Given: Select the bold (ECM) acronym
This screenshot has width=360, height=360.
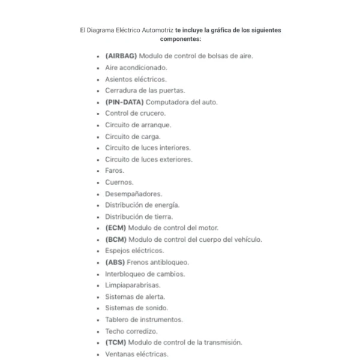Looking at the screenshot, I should pos(115,228).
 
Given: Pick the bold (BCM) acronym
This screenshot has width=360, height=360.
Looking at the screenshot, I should pos(115,239).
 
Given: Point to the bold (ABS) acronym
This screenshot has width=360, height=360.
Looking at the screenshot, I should pos(115,262).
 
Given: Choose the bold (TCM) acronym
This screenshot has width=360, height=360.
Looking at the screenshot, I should pos(115,343).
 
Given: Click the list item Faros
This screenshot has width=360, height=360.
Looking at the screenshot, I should pos(114,170).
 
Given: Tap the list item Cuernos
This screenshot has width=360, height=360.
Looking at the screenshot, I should pos(119,182).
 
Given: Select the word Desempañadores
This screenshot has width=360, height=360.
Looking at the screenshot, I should pos(133,194).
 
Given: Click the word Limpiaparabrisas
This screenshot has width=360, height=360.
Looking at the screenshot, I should pos(133,285).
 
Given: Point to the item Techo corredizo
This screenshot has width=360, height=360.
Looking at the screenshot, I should pos(131,331).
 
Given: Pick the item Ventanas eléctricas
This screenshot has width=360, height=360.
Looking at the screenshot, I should pos(137,354).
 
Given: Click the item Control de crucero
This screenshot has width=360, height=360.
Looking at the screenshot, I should pos(135,113).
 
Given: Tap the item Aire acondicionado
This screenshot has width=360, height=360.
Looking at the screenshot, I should pos(136,67).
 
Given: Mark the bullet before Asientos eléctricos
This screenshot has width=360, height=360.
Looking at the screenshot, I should pos(98,79).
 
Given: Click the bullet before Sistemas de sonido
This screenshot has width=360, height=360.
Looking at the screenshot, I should pos(98,308).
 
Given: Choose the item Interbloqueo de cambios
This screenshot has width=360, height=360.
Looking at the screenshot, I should pos(145,274).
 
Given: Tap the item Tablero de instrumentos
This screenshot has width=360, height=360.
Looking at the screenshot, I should pos(144,320).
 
